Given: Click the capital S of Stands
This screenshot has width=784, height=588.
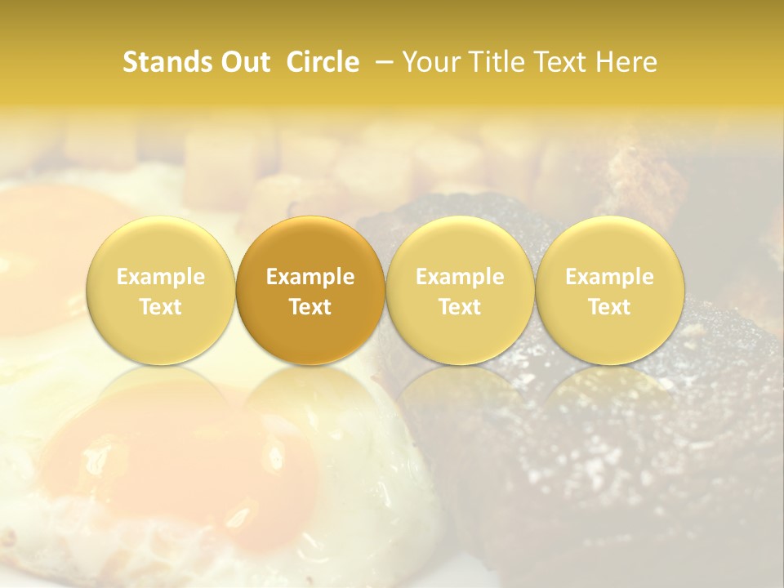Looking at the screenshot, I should click(x=129, y=63).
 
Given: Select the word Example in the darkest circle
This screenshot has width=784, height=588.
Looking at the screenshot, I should click(x=310, y=278).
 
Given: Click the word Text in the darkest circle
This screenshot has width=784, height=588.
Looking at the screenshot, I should click(x=310, y=307).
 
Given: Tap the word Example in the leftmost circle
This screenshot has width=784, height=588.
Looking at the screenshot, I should click(x=161, y=278).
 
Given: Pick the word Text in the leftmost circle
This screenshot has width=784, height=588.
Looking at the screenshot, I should click(x=161, y=307).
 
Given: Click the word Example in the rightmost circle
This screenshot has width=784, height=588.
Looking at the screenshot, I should click(x=609, y=278).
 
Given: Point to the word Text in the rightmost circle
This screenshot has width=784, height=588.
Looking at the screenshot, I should click(x=609, y=307).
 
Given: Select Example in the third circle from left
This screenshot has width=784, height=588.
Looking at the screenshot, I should click(x=460, y=278).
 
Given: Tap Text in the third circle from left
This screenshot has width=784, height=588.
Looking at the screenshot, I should click(x=460, y=307).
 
